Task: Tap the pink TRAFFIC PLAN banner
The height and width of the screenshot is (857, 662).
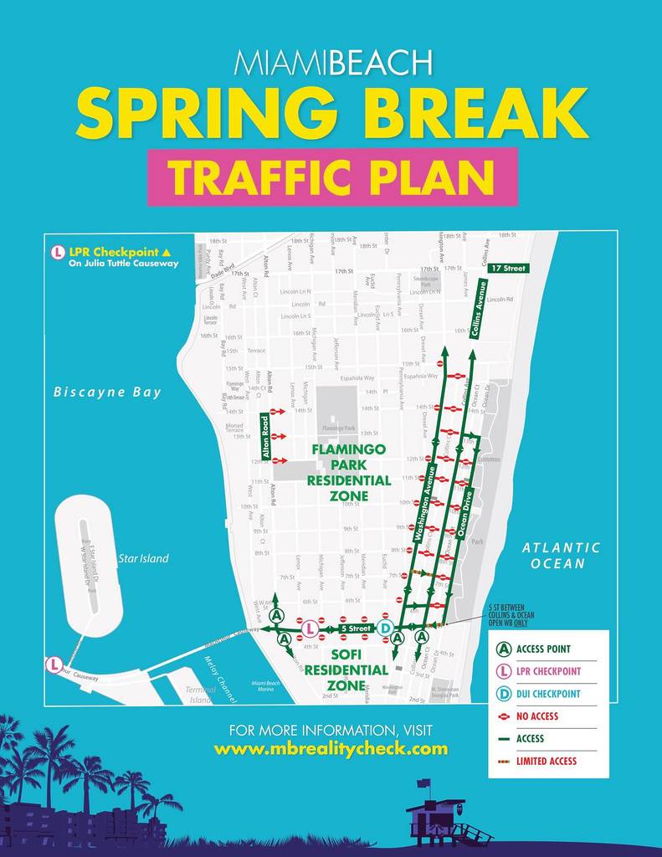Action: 332,177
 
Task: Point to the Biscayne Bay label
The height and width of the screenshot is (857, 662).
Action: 108,392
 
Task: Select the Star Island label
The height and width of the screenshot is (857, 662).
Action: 143,558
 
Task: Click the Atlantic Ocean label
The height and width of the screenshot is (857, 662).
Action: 562,555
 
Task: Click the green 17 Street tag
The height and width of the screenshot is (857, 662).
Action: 508,268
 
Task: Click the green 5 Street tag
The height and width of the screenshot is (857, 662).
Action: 354,628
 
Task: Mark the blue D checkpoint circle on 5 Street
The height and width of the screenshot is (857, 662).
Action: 385,628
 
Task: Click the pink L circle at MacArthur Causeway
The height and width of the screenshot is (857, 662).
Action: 54,665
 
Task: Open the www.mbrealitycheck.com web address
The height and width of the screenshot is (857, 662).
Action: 331,748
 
